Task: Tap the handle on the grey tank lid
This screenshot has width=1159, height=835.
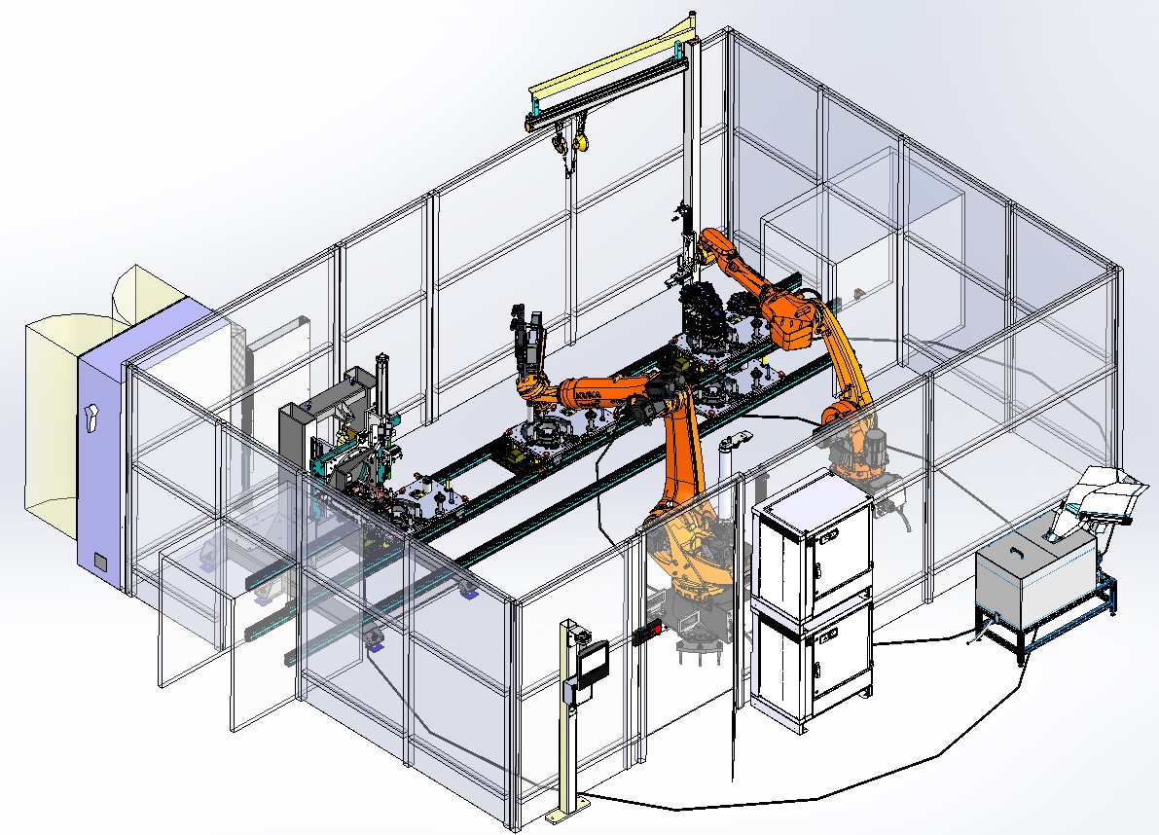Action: [x=1017, y=550]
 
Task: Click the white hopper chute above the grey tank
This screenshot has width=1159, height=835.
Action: [x=1100, y=496]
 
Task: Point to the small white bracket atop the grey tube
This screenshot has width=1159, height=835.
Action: [x=733, y=440]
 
